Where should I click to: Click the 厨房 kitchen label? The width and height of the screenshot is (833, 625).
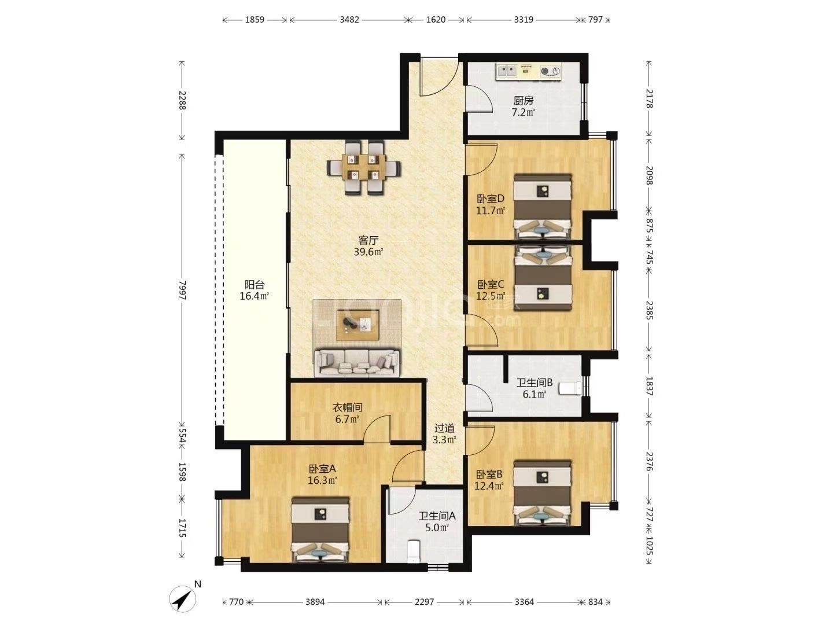523,101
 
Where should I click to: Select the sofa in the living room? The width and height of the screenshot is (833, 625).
357,363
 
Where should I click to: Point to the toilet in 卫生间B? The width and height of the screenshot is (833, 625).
570,388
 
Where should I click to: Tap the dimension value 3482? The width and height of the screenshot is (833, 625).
349,20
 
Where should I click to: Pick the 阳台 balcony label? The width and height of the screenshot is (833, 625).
255,284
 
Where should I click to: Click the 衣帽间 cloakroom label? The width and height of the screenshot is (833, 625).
347,407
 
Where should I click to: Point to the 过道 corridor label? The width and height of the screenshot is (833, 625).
444,428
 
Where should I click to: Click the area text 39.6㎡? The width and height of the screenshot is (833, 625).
368,252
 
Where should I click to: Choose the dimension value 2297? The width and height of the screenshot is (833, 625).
424,602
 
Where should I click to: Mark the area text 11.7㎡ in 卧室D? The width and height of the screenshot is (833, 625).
491,210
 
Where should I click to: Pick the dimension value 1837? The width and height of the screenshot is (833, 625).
649,386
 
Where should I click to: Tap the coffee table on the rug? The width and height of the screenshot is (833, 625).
357,325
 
